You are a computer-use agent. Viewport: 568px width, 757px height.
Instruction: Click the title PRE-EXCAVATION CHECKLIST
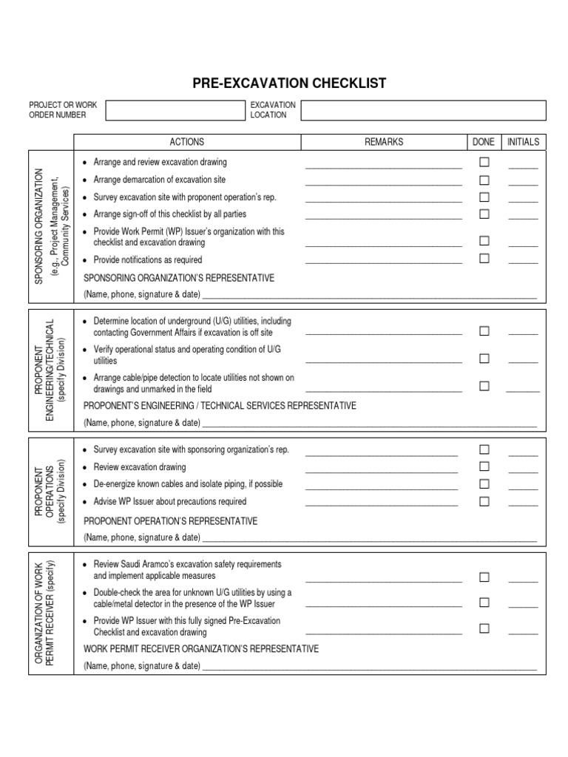click(289, 84)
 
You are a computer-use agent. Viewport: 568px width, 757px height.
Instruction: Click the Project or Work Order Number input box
click(175, 110)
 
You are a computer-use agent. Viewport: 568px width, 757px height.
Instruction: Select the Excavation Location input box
click(423, 110)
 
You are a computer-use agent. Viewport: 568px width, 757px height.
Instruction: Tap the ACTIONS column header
click(187, 142)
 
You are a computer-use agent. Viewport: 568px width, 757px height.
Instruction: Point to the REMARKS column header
click(384, 142)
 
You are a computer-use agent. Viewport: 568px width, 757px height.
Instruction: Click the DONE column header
click(484, 142)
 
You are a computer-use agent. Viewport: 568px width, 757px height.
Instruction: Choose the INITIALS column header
click(523, 142)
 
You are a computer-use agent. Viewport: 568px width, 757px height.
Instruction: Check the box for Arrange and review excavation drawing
click(484, 162)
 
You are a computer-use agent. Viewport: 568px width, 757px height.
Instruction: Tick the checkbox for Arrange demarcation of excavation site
click(484, 180)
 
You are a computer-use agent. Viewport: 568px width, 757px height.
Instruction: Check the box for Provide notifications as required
click(484, 259)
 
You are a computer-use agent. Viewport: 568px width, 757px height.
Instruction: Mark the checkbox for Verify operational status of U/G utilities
click(484, 359)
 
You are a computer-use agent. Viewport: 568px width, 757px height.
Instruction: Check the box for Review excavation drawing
click(484, 466)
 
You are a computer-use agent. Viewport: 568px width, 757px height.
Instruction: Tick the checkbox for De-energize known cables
click(484, 483)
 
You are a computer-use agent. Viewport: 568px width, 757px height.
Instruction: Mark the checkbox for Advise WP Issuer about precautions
click(484, 501)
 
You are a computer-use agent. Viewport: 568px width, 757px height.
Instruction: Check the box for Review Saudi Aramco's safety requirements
click(484, 577)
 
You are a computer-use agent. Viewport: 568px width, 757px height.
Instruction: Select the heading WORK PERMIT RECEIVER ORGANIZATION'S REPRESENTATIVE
click(201, 649)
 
